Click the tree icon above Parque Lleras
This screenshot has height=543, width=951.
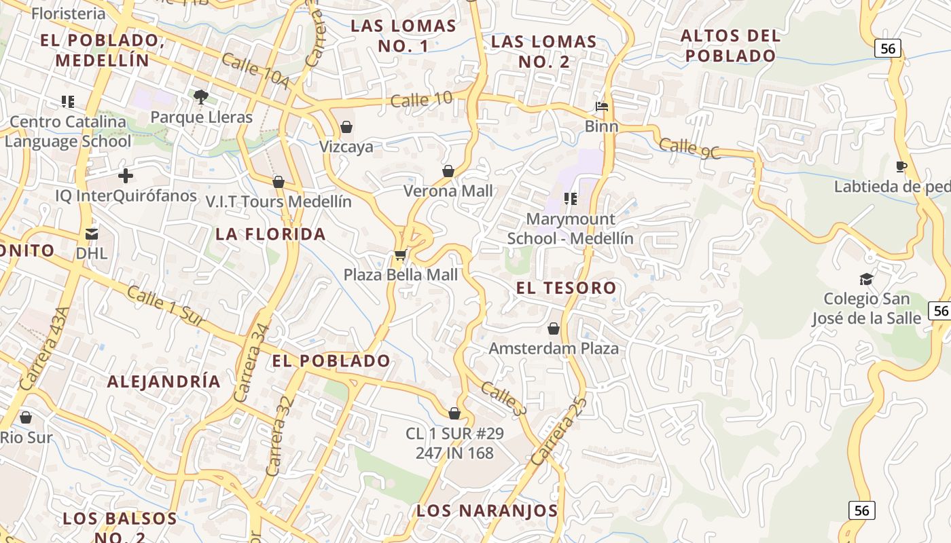tap(200, 97)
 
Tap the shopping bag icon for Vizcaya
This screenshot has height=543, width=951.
tap(346, 127)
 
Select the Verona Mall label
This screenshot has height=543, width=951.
tap(448, 191)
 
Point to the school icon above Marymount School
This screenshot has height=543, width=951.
tap(571, 199)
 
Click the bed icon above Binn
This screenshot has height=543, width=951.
tap(602, 107)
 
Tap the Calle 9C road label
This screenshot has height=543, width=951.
tap(689, 147)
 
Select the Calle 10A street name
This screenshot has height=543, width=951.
tap(255, 71)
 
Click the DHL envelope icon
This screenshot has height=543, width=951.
tap(92, 234)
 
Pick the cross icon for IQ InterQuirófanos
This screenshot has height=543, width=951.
tap(126, 176)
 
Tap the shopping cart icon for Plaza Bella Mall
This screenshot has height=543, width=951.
tap(401, 255)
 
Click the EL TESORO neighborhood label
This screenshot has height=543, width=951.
tap(567, 288)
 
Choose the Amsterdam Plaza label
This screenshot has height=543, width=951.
tap(554, 348)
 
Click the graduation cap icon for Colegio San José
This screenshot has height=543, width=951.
tap(866, 279)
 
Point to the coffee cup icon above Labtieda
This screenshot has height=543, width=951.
tap(901, 166)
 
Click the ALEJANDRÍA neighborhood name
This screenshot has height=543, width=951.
tap(164, 381)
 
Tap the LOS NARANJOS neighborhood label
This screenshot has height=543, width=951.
tap(487, 510)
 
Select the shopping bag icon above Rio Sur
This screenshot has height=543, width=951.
tap(26, 417)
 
